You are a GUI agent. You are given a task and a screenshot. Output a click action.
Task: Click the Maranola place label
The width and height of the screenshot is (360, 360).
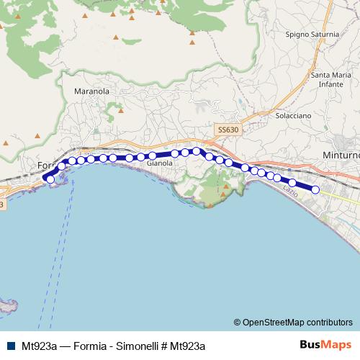[x=91, y=91]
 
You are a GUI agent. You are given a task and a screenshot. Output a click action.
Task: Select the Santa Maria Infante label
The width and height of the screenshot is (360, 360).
[x=330, y=79]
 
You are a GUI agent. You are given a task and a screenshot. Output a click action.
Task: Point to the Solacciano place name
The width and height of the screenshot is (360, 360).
[x=293, y=115]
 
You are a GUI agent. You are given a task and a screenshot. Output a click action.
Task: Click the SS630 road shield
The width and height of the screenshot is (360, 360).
[x=227, y=129]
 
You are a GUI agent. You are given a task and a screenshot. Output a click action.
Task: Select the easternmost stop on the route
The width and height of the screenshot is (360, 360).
[x=315, y=189]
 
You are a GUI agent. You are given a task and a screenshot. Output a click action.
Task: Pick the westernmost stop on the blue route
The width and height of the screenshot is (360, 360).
[x=50, y=179]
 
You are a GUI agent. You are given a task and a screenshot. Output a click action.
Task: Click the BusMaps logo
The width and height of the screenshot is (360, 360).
[x=326, y=346]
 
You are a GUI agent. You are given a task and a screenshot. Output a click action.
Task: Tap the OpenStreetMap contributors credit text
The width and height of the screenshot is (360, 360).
[x=297, y=323]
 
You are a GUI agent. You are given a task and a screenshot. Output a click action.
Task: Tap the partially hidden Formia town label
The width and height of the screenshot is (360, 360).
[x=46, y=166]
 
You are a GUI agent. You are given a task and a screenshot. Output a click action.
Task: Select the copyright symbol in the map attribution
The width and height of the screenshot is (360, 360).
[x=238, y=323]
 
